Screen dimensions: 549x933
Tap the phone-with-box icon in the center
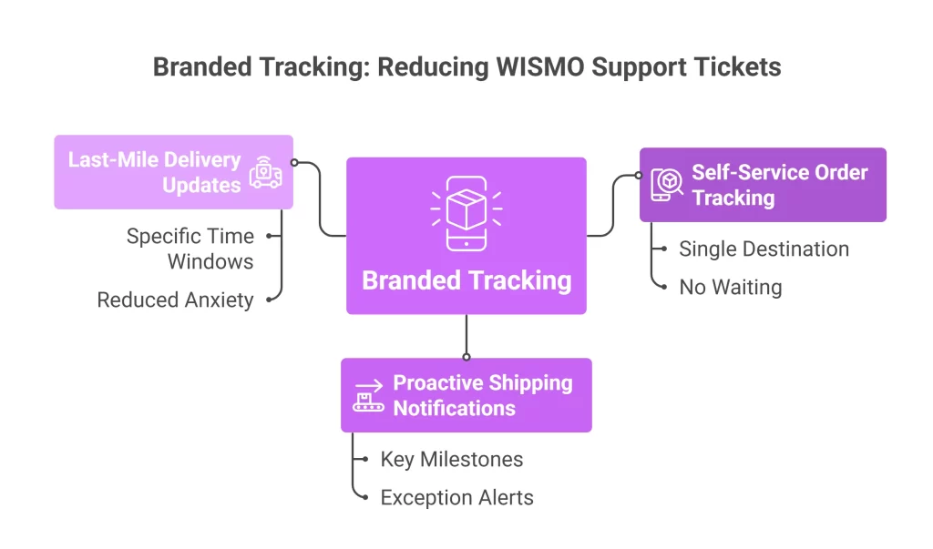[466, 215]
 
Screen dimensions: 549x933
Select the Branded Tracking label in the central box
[466, 280]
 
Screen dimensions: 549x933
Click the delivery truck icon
[265, 171]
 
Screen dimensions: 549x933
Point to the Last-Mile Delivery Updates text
[154, 172]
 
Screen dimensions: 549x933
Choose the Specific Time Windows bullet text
[190, 249]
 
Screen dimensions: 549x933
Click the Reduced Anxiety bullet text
[175, 300]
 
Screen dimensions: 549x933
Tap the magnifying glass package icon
[666, 185]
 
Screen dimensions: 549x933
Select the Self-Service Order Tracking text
[779, 185]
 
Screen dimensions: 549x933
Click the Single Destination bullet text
[764, 249]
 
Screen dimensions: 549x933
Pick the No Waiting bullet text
[730, 288]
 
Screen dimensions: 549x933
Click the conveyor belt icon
[369, 396]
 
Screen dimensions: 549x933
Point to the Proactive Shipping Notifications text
[482, 395]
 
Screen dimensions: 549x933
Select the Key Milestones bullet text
[451, 459]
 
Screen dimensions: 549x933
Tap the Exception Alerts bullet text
[456, 497]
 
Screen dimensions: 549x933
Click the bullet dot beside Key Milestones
[364, 460]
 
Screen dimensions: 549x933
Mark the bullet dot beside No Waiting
[663, 288]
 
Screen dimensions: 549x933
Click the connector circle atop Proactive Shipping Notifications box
[466, 357]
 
